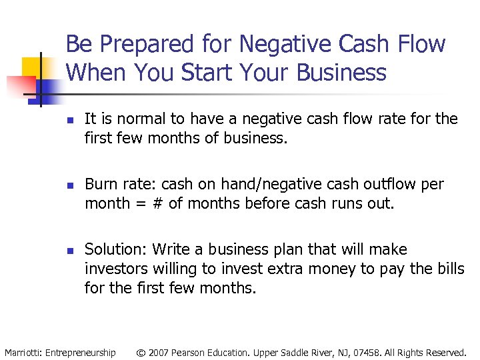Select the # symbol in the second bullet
(157, 203)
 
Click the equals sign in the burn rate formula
(139, 203)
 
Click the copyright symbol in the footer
(141, 352)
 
